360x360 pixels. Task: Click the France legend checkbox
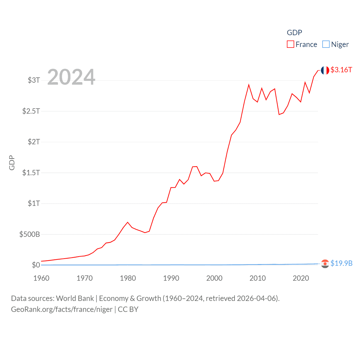click(x=291, y=44)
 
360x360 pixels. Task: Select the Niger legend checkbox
click(x=326, y=44)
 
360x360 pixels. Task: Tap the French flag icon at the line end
click(x=325, y=70)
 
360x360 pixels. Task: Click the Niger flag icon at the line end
click(x=325, y=264)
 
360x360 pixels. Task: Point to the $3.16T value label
click(x=341, y=70)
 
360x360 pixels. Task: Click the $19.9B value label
click(x=341, y=263)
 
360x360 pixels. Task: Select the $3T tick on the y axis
click(x=34, y=80)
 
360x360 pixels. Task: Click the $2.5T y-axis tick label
click(x=31, y=111)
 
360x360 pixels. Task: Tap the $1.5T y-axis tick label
click(x=31, y=173)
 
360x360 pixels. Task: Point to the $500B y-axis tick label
click(x=30, y=234)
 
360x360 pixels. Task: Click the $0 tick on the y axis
click(x=36, y=265)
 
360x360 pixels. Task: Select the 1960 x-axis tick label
click(x=41, y=278)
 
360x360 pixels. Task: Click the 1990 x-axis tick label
click(x=171, y=278)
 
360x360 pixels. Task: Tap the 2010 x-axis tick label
click(x=258, y=278)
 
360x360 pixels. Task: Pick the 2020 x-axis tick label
click(x=301, y=278)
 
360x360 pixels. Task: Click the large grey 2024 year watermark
click(x=71, y=77)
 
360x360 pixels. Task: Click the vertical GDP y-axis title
click(x=12, y=163)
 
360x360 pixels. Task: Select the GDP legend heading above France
click(x=294, y=33)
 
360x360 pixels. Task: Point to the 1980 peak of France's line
click(x=128, y=222)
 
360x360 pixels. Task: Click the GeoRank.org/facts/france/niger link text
click(x=62, y=309)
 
